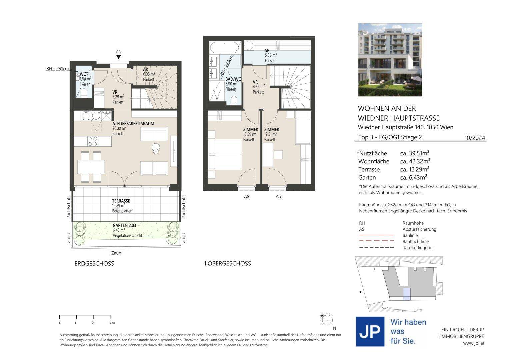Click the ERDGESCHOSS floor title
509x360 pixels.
94,264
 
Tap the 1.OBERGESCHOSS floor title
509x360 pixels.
227,264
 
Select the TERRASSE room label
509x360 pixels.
121,201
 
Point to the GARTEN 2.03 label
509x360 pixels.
124,225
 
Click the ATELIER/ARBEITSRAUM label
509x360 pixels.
133,124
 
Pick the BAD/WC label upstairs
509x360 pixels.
233,79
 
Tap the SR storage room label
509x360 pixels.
267,51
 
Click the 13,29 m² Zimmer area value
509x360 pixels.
250,134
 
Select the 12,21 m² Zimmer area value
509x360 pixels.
270,134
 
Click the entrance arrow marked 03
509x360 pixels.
118,57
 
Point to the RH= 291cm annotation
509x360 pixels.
57,69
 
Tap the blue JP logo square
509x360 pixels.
370,332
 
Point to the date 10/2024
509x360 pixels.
475,138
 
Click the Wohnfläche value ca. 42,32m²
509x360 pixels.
415,161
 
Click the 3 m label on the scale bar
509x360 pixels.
112,323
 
